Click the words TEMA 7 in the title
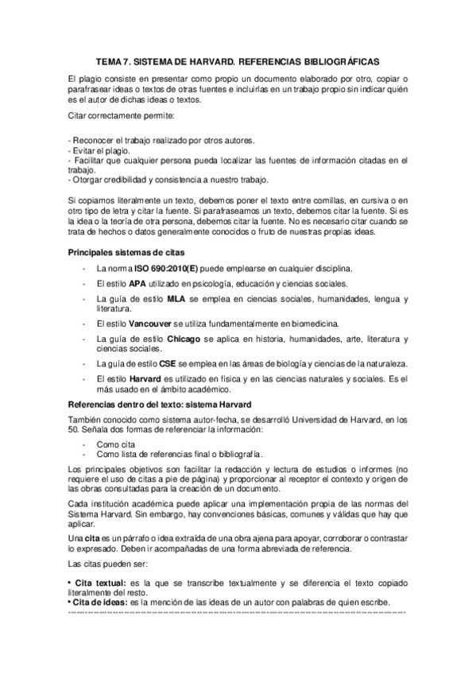click(x=113, y=60)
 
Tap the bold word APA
click(x=137, y=283)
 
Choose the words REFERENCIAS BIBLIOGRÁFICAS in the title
click(x=309, y=60)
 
